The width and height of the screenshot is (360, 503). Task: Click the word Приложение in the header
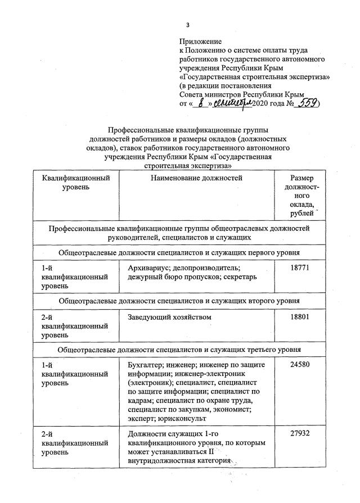click(200, 42)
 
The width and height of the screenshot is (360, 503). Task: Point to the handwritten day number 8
click(201, 103)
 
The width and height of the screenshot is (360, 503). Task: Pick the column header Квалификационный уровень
click(75, 183)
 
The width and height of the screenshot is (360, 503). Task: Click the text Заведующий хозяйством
click(169, 318)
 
